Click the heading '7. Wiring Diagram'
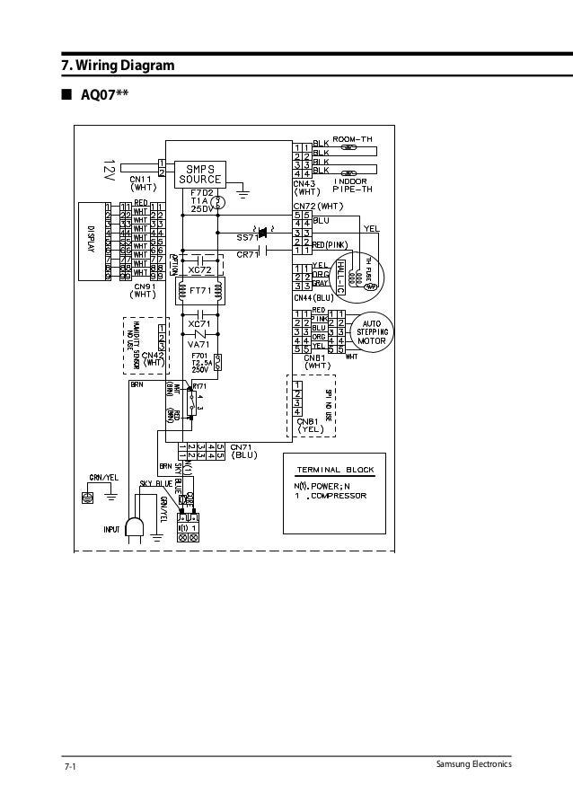[112, 66]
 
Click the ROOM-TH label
[353, 137]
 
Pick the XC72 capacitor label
[199, 269]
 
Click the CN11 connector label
[144, 180]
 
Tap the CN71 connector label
[244, 446]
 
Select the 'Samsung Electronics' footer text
[472, 764]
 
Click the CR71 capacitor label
[248, 254]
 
